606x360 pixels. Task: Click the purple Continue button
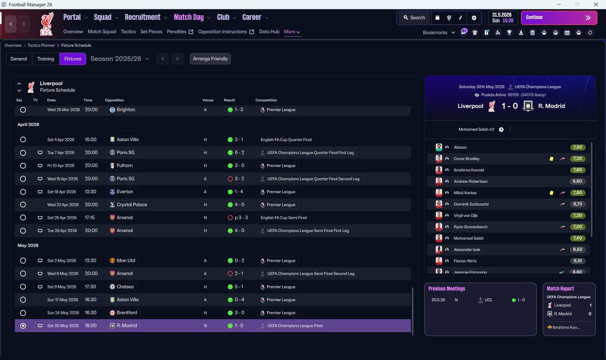pyautogui.click(x=559, y=18)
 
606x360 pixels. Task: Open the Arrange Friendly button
pyautogui.click(x=210, y=59)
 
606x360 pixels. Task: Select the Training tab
pyautogui.click(x=45, y=59)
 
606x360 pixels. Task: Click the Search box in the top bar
pyautogui.click(x=414, y=18)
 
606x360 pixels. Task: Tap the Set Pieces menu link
pyautogui.click(x=151, y=32)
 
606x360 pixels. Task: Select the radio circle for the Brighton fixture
pyautogui.click(x=23, y=110)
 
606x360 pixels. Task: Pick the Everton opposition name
pyautogui.click(x=125, y=192)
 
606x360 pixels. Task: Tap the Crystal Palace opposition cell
pyautogui.click(x=128, y=205)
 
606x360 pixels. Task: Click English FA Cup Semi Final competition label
pyautogui.click(x=284, y=217)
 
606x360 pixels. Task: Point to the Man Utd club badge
pyautogui.click(x=112, y=261)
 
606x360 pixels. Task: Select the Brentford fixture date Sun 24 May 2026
pyautogui.click(x=63, y=313)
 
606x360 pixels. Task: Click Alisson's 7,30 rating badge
pyautogui.click(x=578, y=147)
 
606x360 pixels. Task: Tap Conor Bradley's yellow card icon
pyautogui.click(x=552, y=159)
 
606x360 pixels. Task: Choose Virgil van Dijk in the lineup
pyautogui.click(x=465, y=216)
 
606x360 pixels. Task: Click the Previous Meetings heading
pyautogui.click(x=446, y=288)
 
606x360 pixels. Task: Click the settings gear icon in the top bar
pyautogui.click(x=474, y=18)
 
